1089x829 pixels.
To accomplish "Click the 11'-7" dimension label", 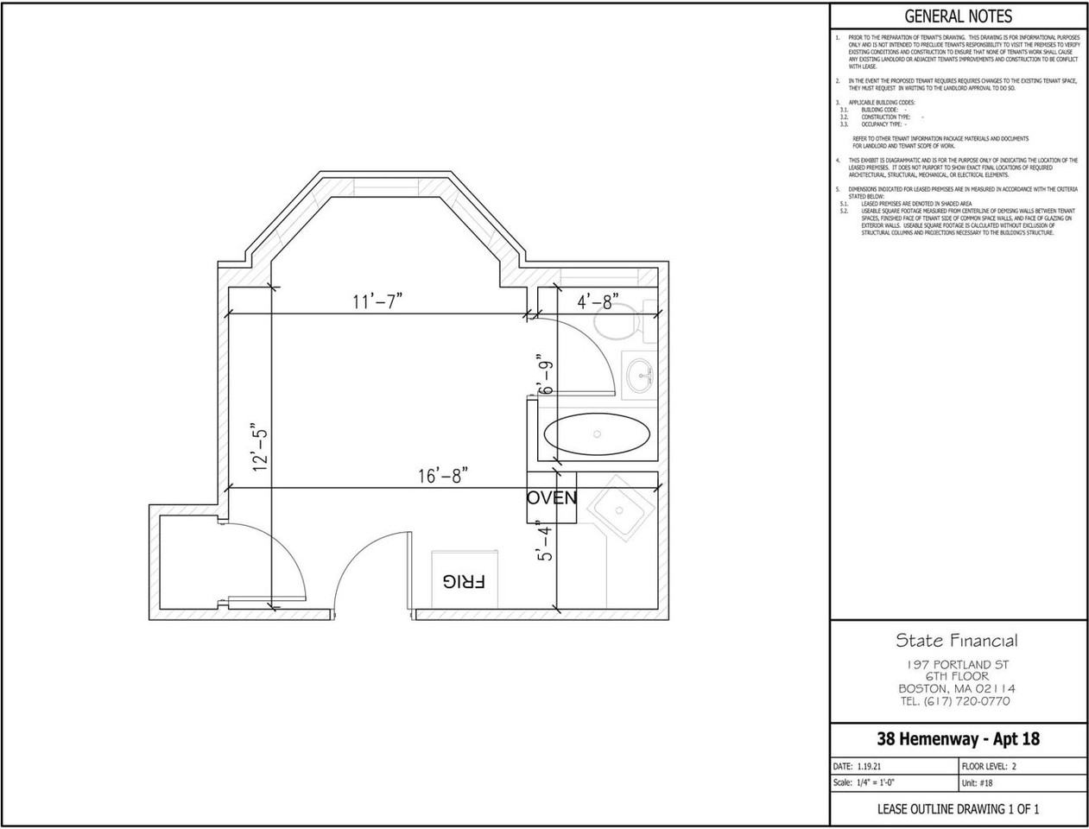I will tap(377, 301).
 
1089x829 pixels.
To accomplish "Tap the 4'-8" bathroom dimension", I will tap(598, 302).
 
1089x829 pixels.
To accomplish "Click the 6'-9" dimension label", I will tap(545, 375).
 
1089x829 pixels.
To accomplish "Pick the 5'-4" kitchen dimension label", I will tap(543, 541).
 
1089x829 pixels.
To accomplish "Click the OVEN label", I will tap(552, 498).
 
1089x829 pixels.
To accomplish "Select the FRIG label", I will tap(464, 581).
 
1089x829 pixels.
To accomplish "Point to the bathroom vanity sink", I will tap(640, 374).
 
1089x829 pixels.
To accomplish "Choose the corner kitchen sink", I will tap(620, 509).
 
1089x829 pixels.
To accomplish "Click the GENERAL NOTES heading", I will tap(958, 16).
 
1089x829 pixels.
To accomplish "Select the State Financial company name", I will tap(956, 641).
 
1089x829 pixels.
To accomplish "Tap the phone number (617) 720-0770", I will tap(956, 701).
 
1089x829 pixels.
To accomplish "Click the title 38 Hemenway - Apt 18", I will tap(958, 739).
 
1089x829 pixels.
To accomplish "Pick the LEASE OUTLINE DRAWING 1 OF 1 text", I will tap(958, 809).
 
